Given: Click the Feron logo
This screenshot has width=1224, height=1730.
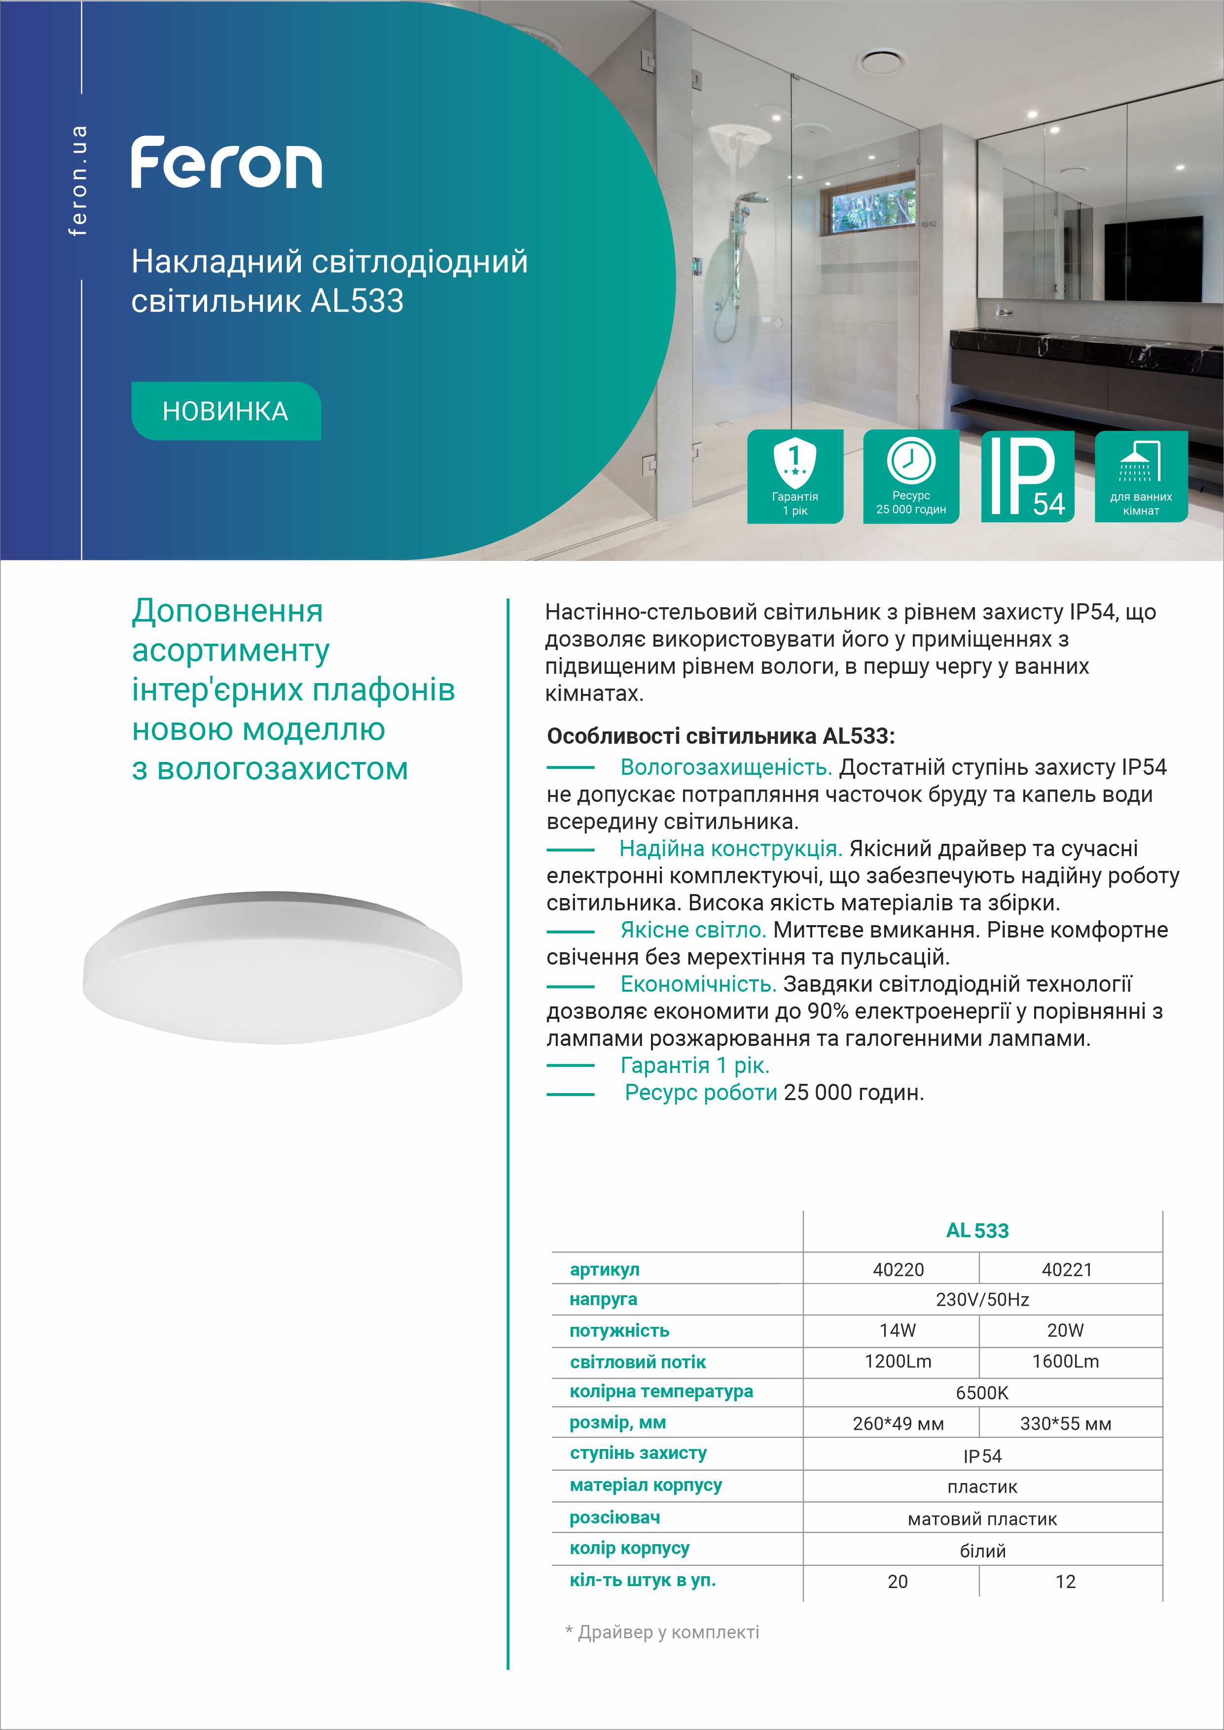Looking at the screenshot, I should tap(226, 163).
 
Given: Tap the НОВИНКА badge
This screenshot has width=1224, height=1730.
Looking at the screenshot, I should tap(226, 411).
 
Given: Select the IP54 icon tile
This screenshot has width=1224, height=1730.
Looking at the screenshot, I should tap(1027, 476).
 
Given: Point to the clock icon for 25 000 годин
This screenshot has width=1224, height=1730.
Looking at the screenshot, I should tap(910, 460).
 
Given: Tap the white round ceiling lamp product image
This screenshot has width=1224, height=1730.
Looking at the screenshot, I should tap(272, 968).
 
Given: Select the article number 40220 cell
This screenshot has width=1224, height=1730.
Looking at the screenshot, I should tap(898, 1270).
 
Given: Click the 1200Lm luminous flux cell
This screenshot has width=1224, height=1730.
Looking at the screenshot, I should tap(898, 1361).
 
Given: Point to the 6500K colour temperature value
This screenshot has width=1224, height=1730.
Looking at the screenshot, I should tap(981, 1392).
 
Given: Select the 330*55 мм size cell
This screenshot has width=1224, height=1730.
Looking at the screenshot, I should tap(1065, 1423).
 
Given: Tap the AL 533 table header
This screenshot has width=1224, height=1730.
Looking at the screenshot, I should tap(977, 1230).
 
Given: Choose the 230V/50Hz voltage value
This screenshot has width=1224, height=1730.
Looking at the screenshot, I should tap(982, 1300).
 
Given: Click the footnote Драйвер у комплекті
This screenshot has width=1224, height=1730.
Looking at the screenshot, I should tap(668, 1632).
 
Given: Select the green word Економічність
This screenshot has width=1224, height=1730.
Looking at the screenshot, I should tap(697, 984).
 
